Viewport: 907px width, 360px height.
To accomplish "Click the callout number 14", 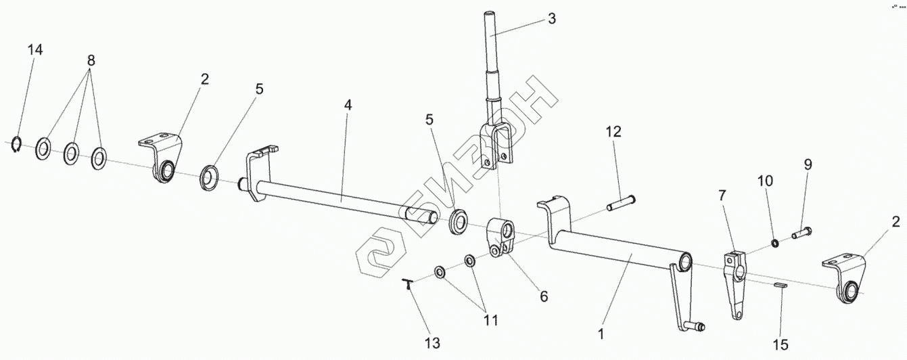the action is click(x=35, y=51).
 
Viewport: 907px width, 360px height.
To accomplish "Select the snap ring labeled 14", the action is click(x=19, y=145).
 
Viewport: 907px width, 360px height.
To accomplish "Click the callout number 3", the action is click(x=552, y=18).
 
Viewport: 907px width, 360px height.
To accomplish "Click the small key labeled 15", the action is click(x=781, y=286).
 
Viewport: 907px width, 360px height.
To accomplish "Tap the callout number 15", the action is click(x=781, y=345).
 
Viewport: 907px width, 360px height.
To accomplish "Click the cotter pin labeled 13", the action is click(x=411, y=284).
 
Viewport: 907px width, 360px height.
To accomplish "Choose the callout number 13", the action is click(x=432, y=343).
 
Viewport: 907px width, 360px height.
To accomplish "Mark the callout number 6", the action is click(x=544, y=296).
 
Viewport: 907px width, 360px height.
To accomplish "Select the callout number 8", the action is click(x=91, y=60).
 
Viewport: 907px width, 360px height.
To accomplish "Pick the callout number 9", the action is click(x=808, y=164).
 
